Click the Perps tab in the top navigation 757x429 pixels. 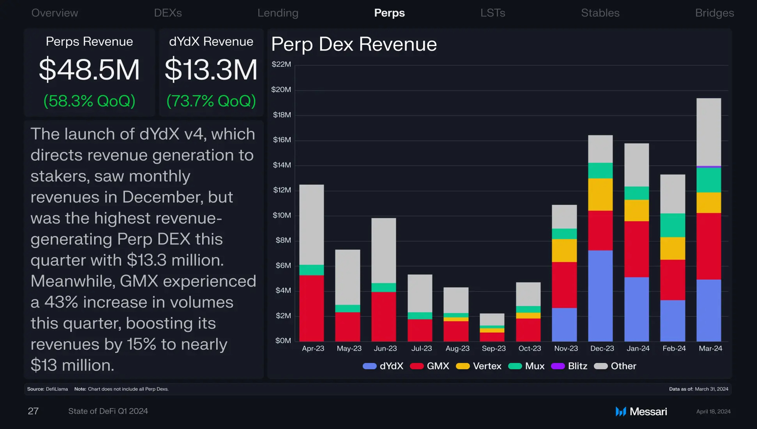[x=389, y=13]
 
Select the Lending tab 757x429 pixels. [x=278, y=13]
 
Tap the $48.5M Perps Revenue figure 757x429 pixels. [x=89, y=70]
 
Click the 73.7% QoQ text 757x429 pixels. [x=211, y=101]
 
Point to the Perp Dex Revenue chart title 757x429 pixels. [x=354, y=44]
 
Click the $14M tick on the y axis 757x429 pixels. [x=282, y=165]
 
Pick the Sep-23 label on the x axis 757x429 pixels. [x=494, y=348]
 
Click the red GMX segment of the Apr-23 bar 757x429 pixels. [x=312, y=308]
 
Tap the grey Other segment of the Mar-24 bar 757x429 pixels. [x=709, y=132]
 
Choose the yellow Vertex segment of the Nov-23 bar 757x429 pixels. [x=564, y=250]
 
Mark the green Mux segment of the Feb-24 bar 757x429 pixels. [x=673, y=225]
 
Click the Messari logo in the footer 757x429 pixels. [x=641, y=411]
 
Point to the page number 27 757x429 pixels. [x=33, y=411]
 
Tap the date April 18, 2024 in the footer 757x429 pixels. [x=713, y=412]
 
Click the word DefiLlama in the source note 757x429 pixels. [x=57, y=389]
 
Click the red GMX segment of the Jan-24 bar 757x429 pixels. [x=636, y=249]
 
